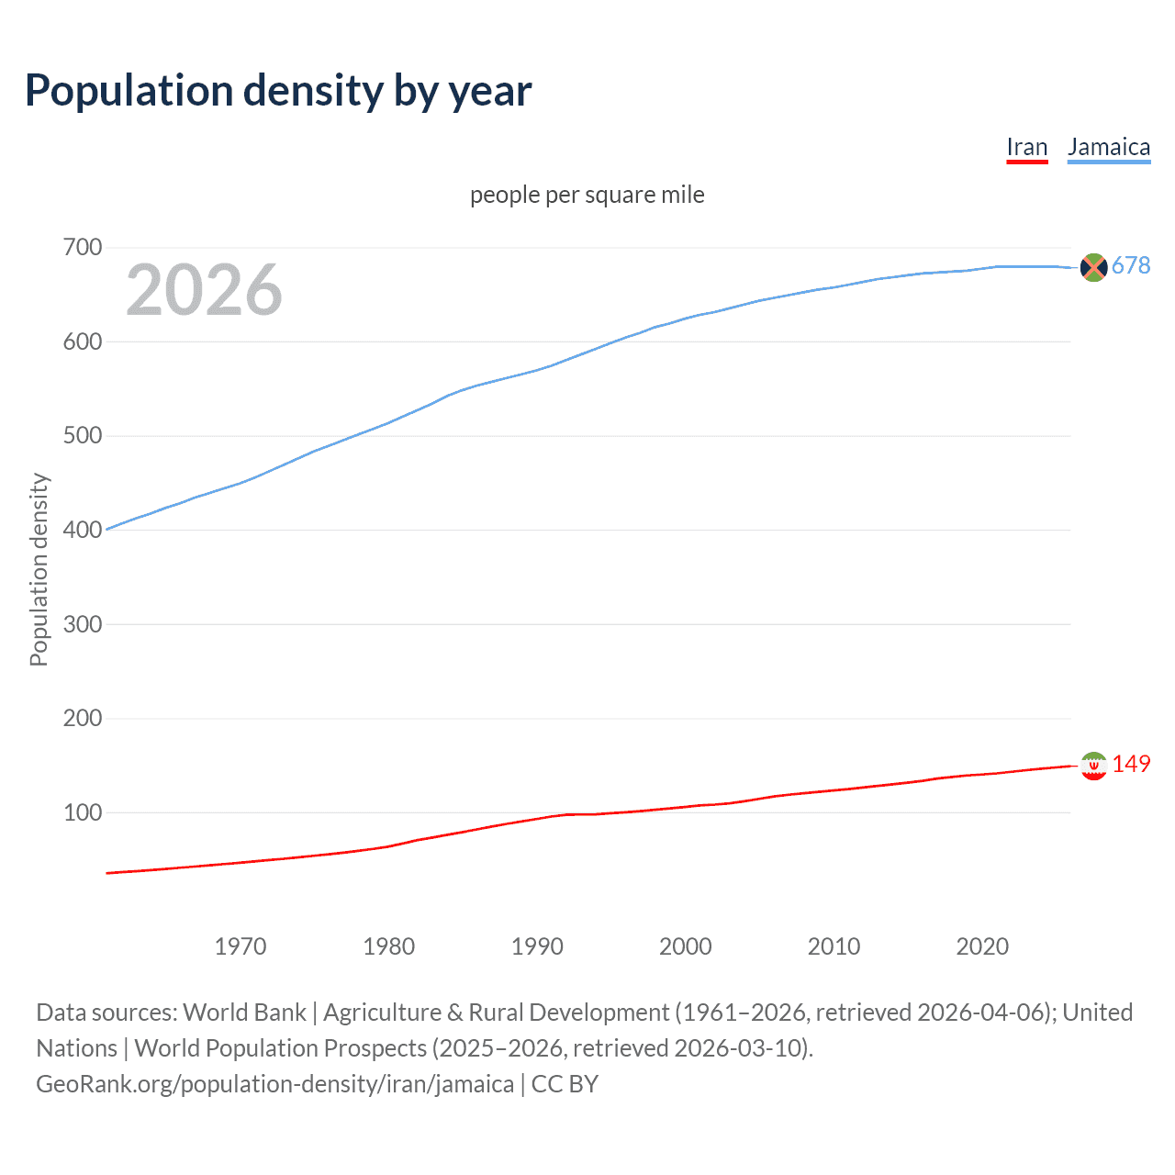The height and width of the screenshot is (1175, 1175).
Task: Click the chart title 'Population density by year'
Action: [278, 91]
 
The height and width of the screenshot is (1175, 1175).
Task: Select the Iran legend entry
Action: [1026, 148]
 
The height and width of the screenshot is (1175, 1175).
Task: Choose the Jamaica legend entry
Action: [1108, 148]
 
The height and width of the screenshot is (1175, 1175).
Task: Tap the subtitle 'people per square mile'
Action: [587, 196]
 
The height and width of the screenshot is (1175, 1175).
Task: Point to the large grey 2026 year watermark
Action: [204, 290]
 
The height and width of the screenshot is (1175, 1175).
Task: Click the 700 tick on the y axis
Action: [82, 248]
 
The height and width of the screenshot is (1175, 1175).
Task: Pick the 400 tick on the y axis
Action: [82, 530]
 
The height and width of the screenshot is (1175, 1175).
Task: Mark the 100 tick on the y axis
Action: [82, 812]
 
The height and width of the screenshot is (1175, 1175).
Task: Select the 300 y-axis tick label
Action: [82, 624]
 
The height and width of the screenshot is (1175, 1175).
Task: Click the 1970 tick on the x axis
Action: [241, 946]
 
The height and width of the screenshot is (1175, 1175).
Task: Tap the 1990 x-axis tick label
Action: [537, 946]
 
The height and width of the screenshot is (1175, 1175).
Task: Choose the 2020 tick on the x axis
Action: [982, 946]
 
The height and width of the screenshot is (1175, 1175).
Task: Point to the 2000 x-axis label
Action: [686, 946]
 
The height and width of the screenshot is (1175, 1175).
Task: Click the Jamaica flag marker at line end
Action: [1093, 267]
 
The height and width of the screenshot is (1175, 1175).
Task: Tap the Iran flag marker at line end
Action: [1093, 766]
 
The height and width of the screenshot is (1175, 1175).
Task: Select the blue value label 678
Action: [1131, 266]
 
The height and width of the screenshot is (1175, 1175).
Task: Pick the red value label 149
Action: [1131, 765]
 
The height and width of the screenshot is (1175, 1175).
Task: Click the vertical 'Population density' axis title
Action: [39, 569]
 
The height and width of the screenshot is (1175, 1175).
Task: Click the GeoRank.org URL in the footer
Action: [274, 1084]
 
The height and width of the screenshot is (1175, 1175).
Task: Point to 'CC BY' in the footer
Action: [565, 1084]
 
